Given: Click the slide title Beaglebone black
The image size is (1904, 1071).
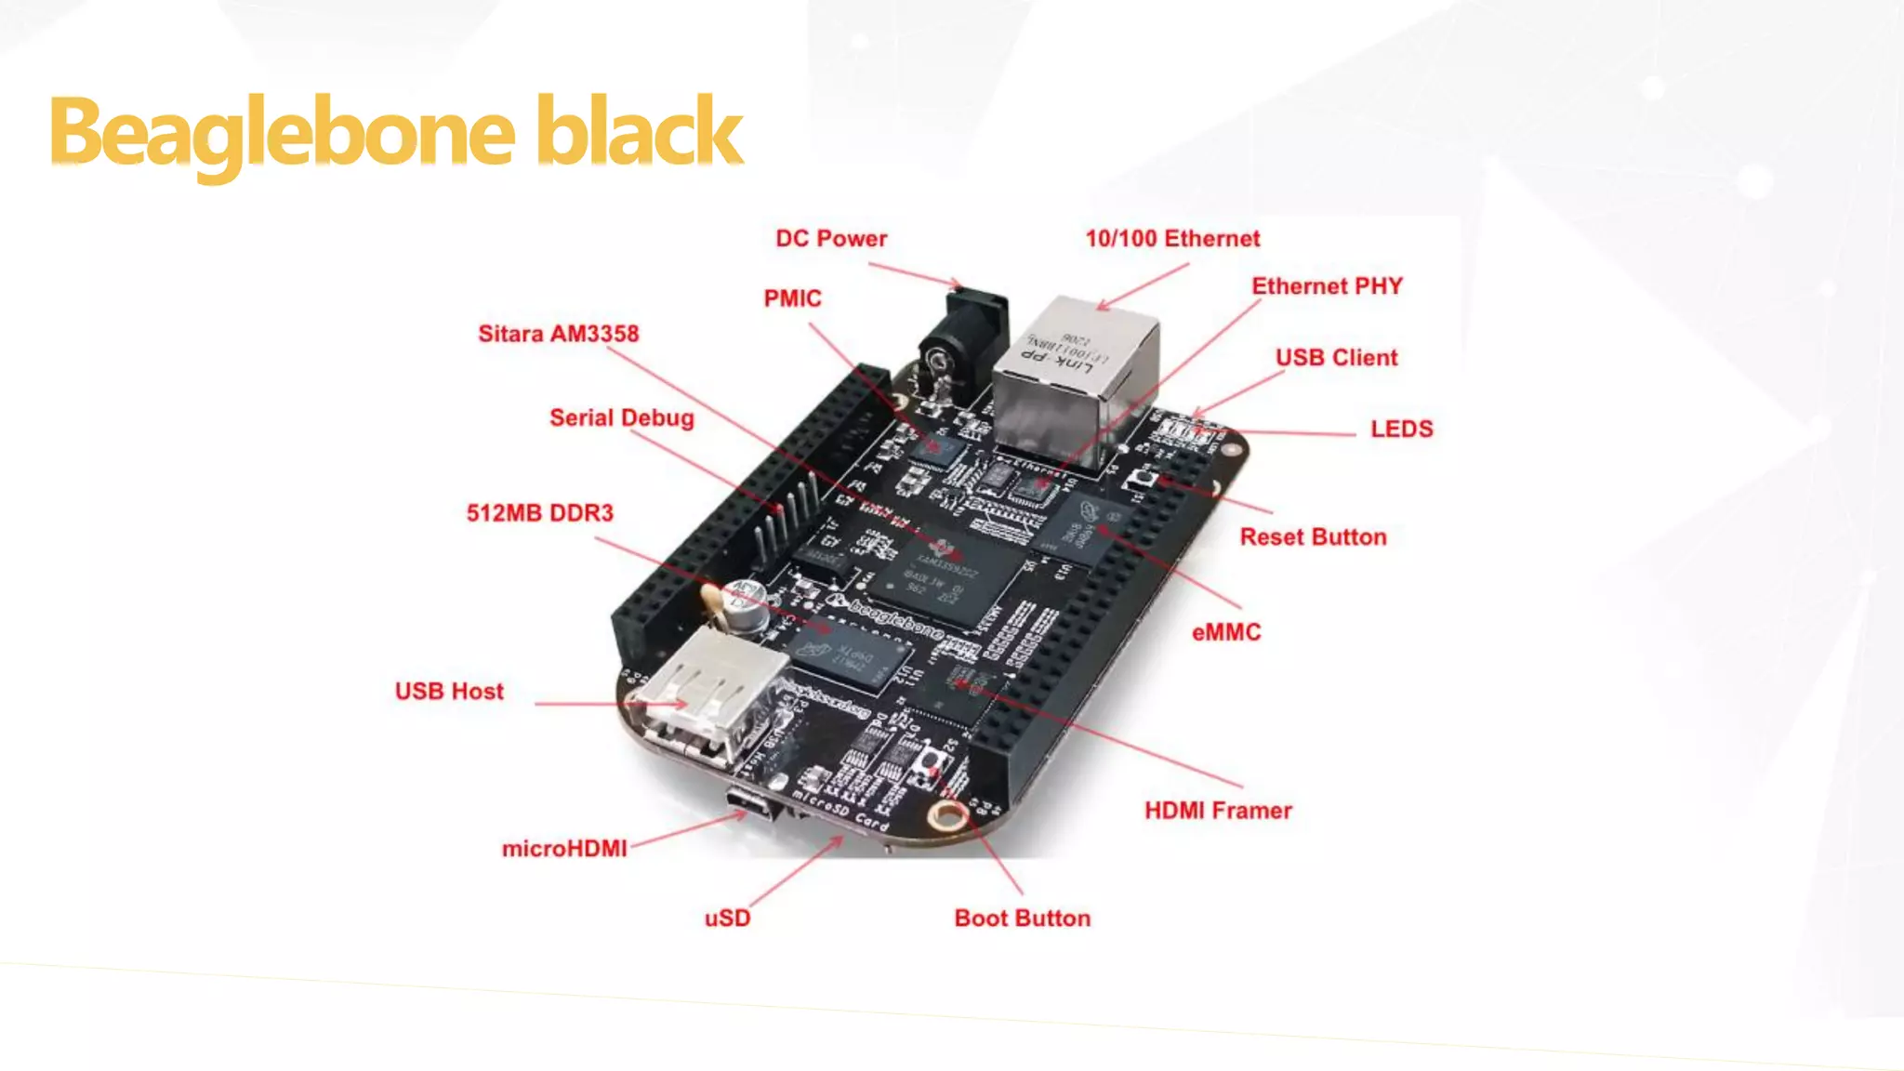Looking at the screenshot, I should coord(396,132).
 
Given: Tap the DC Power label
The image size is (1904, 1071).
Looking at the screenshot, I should coord(831,239).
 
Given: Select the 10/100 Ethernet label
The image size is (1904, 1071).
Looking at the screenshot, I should coord(1172,239).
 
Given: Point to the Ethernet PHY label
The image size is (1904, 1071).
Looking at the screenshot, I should coord(1327,286).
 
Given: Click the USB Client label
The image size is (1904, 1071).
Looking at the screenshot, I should coord(1336,358).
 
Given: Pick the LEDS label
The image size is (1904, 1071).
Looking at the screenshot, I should coord(1401,430).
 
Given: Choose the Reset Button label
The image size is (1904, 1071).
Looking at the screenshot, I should coord(1313,537).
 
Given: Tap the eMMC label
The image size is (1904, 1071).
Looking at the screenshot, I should coord(1226,633).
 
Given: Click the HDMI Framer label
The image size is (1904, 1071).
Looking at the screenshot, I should coord(1218,811).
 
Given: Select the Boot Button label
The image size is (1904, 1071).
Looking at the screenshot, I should coord(1022,919).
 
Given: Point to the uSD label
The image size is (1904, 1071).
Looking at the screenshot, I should coord(727,919).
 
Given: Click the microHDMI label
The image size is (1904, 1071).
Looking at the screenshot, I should coord(564,849).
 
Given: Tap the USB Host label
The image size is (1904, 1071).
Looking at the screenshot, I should coord(449,692).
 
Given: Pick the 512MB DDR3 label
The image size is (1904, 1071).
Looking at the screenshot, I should coord(540,513).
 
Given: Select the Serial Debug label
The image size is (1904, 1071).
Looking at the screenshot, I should coord(621,418).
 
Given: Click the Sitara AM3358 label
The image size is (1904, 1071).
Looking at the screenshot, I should coord(558,334).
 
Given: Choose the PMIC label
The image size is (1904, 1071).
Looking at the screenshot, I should coord(792,298).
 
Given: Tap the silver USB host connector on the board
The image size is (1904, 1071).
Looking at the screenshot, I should coord(707,688).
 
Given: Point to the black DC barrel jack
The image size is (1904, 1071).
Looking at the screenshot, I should coord(962,344).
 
